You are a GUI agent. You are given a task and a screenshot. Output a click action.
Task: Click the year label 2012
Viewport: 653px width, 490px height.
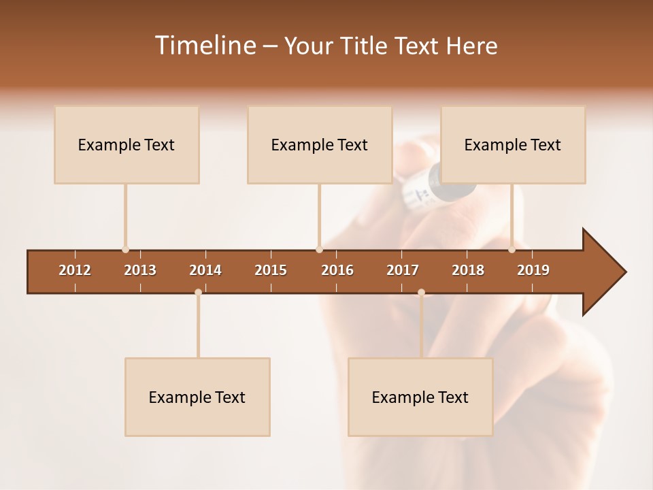75,270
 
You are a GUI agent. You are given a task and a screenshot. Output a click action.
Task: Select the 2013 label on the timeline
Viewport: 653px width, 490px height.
140,270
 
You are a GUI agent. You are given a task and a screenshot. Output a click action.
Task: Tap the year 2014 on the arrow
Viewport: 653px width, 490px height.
205,270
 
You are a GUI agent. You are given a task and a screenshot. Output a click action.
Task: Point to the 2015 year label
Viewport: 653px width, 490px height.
271,270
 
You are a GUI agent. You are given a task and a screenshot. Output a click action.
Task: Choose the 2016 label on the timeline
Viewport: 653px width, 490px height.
337,270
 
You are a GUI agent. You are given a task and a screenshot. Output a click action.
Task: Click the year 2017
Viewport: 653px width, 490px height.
403,270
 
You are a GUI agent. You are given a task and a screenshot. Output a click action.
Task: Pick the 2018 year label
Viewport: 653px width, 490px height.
468,270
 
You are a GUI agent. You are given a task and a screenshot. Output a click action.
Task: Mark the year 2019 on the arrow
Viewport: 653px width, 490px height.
533,270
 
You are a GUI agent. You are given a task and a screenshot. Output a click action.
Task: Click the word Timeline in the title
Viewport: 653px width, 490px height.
204,46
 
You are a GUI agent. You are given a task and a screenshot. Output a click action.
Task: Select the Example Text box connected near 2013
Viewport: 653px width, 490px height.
127,144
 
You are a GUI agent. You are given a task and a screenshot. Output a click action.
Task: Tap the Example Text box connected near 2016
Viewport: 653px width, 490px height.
320,144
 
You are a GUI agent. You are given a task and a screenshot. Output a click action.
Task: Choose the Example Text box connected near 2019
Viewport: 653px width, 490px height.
513,144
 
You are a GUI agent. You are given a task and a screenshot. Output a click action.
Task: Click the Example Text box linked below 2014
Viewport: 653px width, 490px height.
197,397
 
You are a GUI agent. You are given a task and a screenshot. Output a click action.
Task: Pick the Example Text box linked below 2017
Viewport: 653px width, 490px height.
420,397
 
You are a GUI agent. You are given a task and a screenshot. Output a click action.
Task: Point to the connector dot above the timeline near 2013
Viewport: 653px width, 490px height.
125,250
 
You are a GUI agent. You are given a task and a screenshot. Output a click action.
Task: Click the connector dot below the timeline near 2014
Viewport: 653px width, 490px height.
198,292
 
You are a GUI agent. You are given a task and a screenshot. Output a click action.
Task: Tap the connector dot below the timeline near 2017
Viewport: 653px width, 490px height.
421,292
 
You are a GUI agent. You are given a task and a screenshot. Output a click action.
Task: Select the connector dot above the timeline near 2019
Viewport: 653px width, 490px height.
512,250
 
